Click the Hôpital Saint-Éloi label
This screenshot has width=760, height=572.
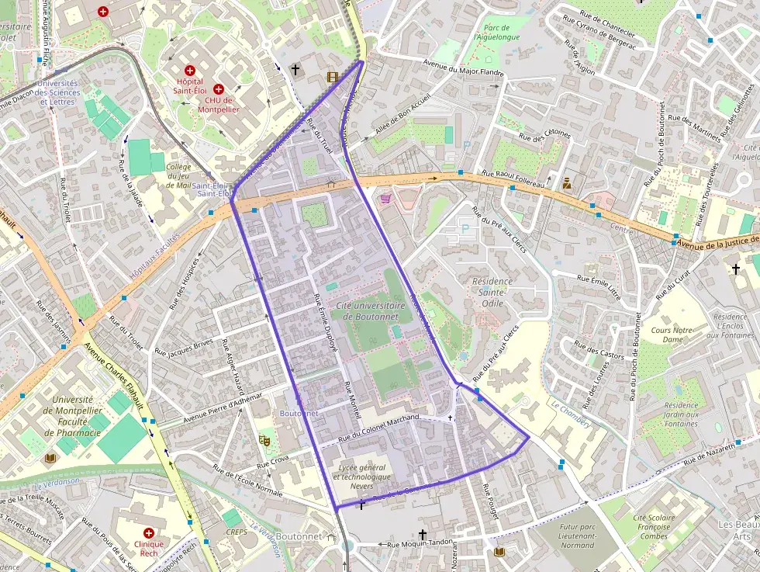(x=190, y=86)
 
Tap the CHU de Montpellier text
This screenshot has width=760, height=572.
(x=219, y=104)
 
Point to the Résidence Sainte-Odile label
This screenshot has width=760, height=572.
(x=492, y=292)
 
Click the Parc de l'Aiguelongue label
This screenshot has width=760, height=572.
(x=496, y=31)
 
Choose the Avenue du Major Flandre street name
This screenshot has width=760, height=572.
(x=463, y=69)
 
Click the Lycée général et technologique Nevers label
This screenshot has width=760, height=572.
(x=362, y=476)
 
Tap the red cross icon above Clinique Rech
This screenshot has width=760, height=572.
(x=148, y=534)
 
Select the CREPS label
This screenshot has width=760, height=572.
(x=236, y=532)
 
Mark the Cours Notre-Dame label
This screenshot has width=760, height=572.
(x=672, y=335)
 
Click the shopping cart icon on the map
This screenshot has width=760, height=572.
(x=385, y=199)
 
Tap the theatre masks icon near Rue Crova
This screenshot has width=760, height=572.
(x=264, y=441)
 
